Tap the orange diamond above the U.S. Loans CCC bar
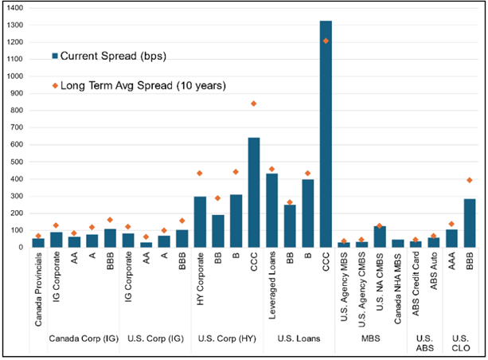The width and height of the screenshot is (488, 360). click(326, 41)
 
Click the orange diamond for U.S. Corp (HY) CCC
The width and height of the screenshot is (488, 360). click(254, 104)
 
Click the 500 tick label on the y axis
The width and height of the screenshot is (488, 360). click(15, 162)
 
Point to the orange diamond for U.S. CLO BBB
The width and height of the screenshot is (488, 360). click(470, 180)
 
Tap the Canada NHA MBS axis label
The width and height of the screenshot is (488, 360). click(397, 288)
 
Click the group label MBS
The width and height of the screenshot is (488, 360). click(370, 338)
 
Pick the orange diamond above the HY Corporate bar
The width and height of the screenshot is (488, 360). click(200, 173)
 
